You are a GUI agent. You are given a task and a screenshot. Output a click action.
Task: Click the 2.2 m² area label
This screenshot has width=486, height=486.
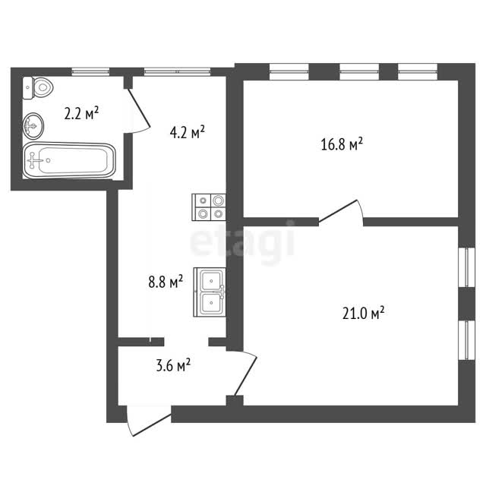click(81, 113)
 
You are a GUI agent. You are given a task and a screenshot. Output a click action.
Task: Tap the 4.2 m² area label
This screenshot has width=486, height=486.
click(188, 132)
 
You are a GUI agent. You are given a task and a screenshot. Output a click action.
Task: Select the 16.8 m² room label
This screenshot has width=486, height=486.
click(342, 144)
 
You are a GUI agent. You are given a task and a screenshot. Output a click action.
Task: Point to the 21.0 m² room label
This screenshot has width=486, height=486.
click(363, 313)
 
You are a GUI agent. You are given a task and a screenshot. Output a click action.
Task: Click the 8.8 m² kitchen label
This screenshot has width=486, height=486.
click(166, 282)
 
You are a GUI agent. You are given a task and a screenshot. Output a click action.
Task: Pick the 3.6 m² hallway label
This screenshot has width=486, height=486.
click(173, 365)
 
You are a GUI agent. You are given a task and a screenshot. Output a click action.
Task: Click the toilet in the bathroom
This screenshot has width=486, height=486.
click(38, 88)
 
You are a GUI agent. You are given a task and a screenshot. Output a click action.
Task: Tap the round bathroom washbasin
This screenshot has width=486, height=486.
click(33, 126)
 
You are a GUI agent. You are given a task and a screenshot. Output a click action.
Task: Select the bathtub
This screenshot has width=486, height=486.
click(69, 160)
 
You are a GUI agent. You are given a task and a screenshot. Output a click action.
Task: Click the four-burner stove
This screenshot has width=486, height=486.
click(209, 207)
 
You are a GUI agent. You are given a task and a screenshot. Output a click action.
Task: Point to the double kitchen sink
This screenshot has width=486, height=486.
click(210, 292)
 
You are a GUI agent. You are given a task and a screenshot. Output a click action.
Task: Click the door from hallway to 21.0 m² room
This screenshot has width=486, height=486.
click(245, 374)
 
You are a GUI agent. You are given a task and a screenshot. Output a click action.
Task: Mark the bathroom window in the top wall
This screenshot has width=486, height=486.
click(90, 71)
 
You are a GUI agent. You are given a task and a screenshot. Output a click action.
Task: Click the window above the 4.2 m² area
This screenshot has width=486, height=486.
click(177, 71)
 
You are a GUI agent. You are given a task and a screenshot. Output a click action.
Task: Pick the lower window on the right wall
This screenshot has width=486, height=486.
click(467, 340)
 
